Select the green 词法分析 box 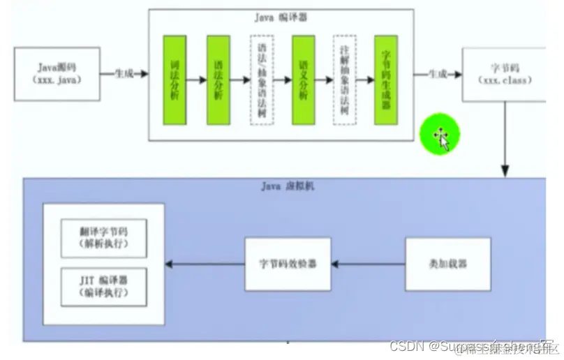tap(175, 80)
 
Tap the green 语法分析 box tap(218, 80)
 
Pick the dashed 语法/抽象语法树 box tap(261, 80)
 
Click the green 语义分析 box tap(303, 80)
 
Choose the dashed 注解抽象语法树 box tap(345, 80)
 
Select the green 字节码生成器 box tap(386, 80)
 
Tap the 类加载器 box tap(438, 264)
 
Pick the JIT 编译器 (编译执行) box tap(103, 285)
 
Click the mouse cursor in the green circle tap(443, 137)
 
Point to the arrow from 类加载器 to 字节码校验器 tap(369, 264)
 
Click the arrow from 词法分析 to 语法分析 tap(196, 80)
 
